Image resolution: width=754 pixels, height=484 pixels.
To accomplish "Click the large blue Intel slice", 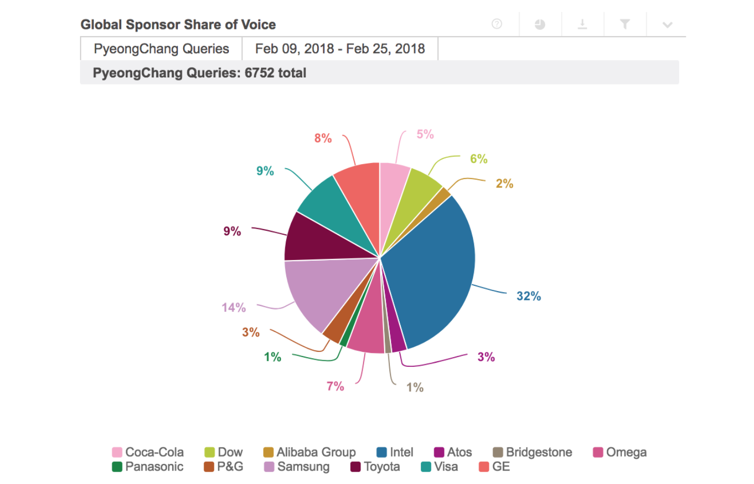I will [433, 268].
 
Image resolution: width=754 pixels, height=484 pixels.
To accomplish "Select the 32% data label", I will [529, 296].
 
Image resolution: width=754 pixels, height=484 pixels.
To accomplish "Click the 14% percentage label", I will [234, 308].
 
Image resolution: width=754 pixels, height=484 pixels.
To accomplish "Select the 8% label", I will [323, 138].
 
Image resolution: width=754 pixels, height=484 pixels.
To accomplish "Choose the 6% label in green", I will [479, 159].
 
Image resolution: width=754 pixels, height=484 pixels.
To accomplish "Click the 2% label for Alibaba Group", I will [504, 184].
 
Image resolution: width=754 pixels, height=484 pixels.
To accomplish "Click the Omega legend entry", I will [620, 452].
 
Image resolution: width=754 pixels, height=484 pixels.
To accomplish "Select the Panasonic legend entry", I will [148, 466].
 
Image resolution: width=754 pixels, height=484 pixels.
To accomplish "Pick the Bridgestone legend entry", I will [533, 452].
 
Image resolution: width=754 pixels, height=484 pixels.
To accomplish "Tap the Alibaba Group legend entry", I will [309, 452].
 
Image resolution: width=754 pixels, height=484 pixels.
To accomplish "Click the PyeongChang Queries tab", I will [161, 49].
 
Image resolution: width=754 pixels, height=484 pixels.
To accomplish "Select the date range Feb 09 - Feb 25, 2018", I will [340, 49].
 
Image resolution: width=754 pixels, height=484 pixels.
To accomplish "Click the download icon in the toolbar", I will [582, 24].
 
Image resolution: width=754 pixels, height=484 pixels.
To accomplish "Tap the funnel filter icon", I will [625, 24].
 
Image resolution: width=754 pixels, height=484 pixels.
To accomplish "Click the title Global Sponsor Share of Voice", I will [178, 24].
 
